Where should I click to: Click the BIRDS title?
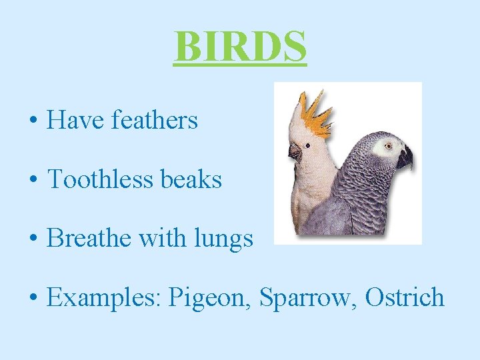coord(240,46)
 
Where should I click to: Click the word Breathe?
coord(89,238)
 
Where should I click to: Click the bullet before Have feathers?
coord(33,123)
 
